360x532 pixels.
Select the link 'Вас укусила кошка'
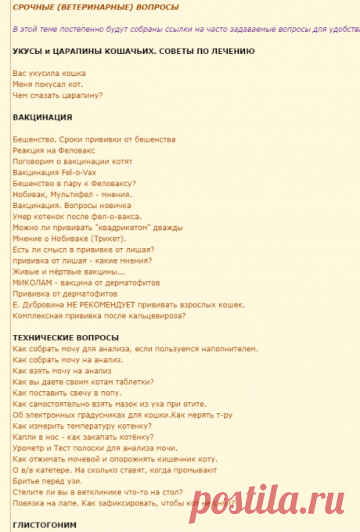49,73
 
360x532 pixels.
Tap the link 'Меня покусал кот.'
48,84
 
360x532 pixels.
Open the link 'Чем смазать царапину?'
58,95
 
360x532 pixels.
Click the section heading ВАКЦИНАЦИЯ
43,117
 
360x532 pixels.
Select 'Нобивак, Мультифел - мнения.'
73,194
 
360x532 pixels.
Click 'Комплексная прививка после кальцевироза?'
99,315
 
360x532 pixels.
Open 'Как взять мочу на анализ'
62,370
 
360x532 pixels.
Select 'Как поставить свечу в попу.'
67,392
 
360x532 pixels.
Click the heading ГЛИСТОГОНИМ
45,524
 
